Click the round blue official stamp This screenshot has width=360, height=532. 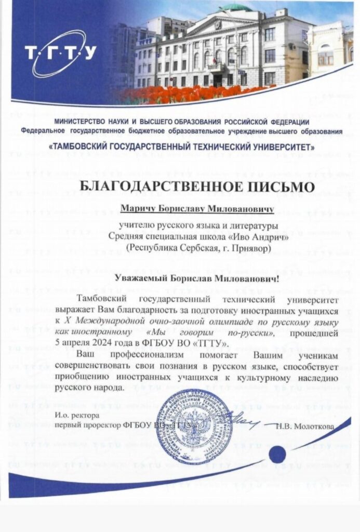(194, 425)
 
